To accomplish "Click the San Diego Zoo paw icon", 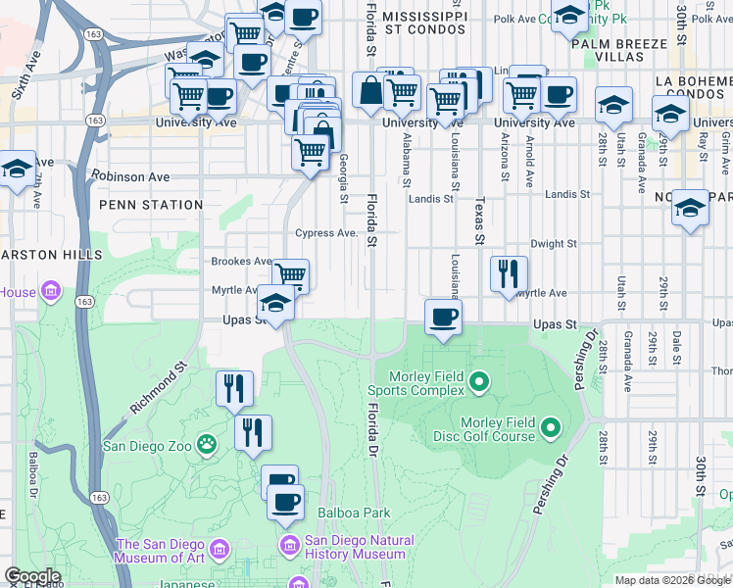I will [207, 445].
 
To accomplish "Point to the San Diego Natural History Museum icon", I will [289, 543].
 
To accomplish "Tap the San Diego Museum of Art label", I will [162, 552].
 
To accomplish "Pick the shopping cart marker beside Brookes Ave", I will [290, 275].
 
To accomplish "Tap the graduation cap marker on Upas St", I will [275, 306].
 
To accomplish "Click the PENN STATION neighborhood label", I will [150, 205].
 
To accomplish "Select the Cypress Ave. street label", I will [327, 233].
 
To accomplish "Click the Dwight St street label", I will [553, 243].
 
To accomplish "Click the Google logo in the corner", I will [31, 575].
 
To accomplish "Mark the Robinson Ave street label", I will [131, 177].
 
